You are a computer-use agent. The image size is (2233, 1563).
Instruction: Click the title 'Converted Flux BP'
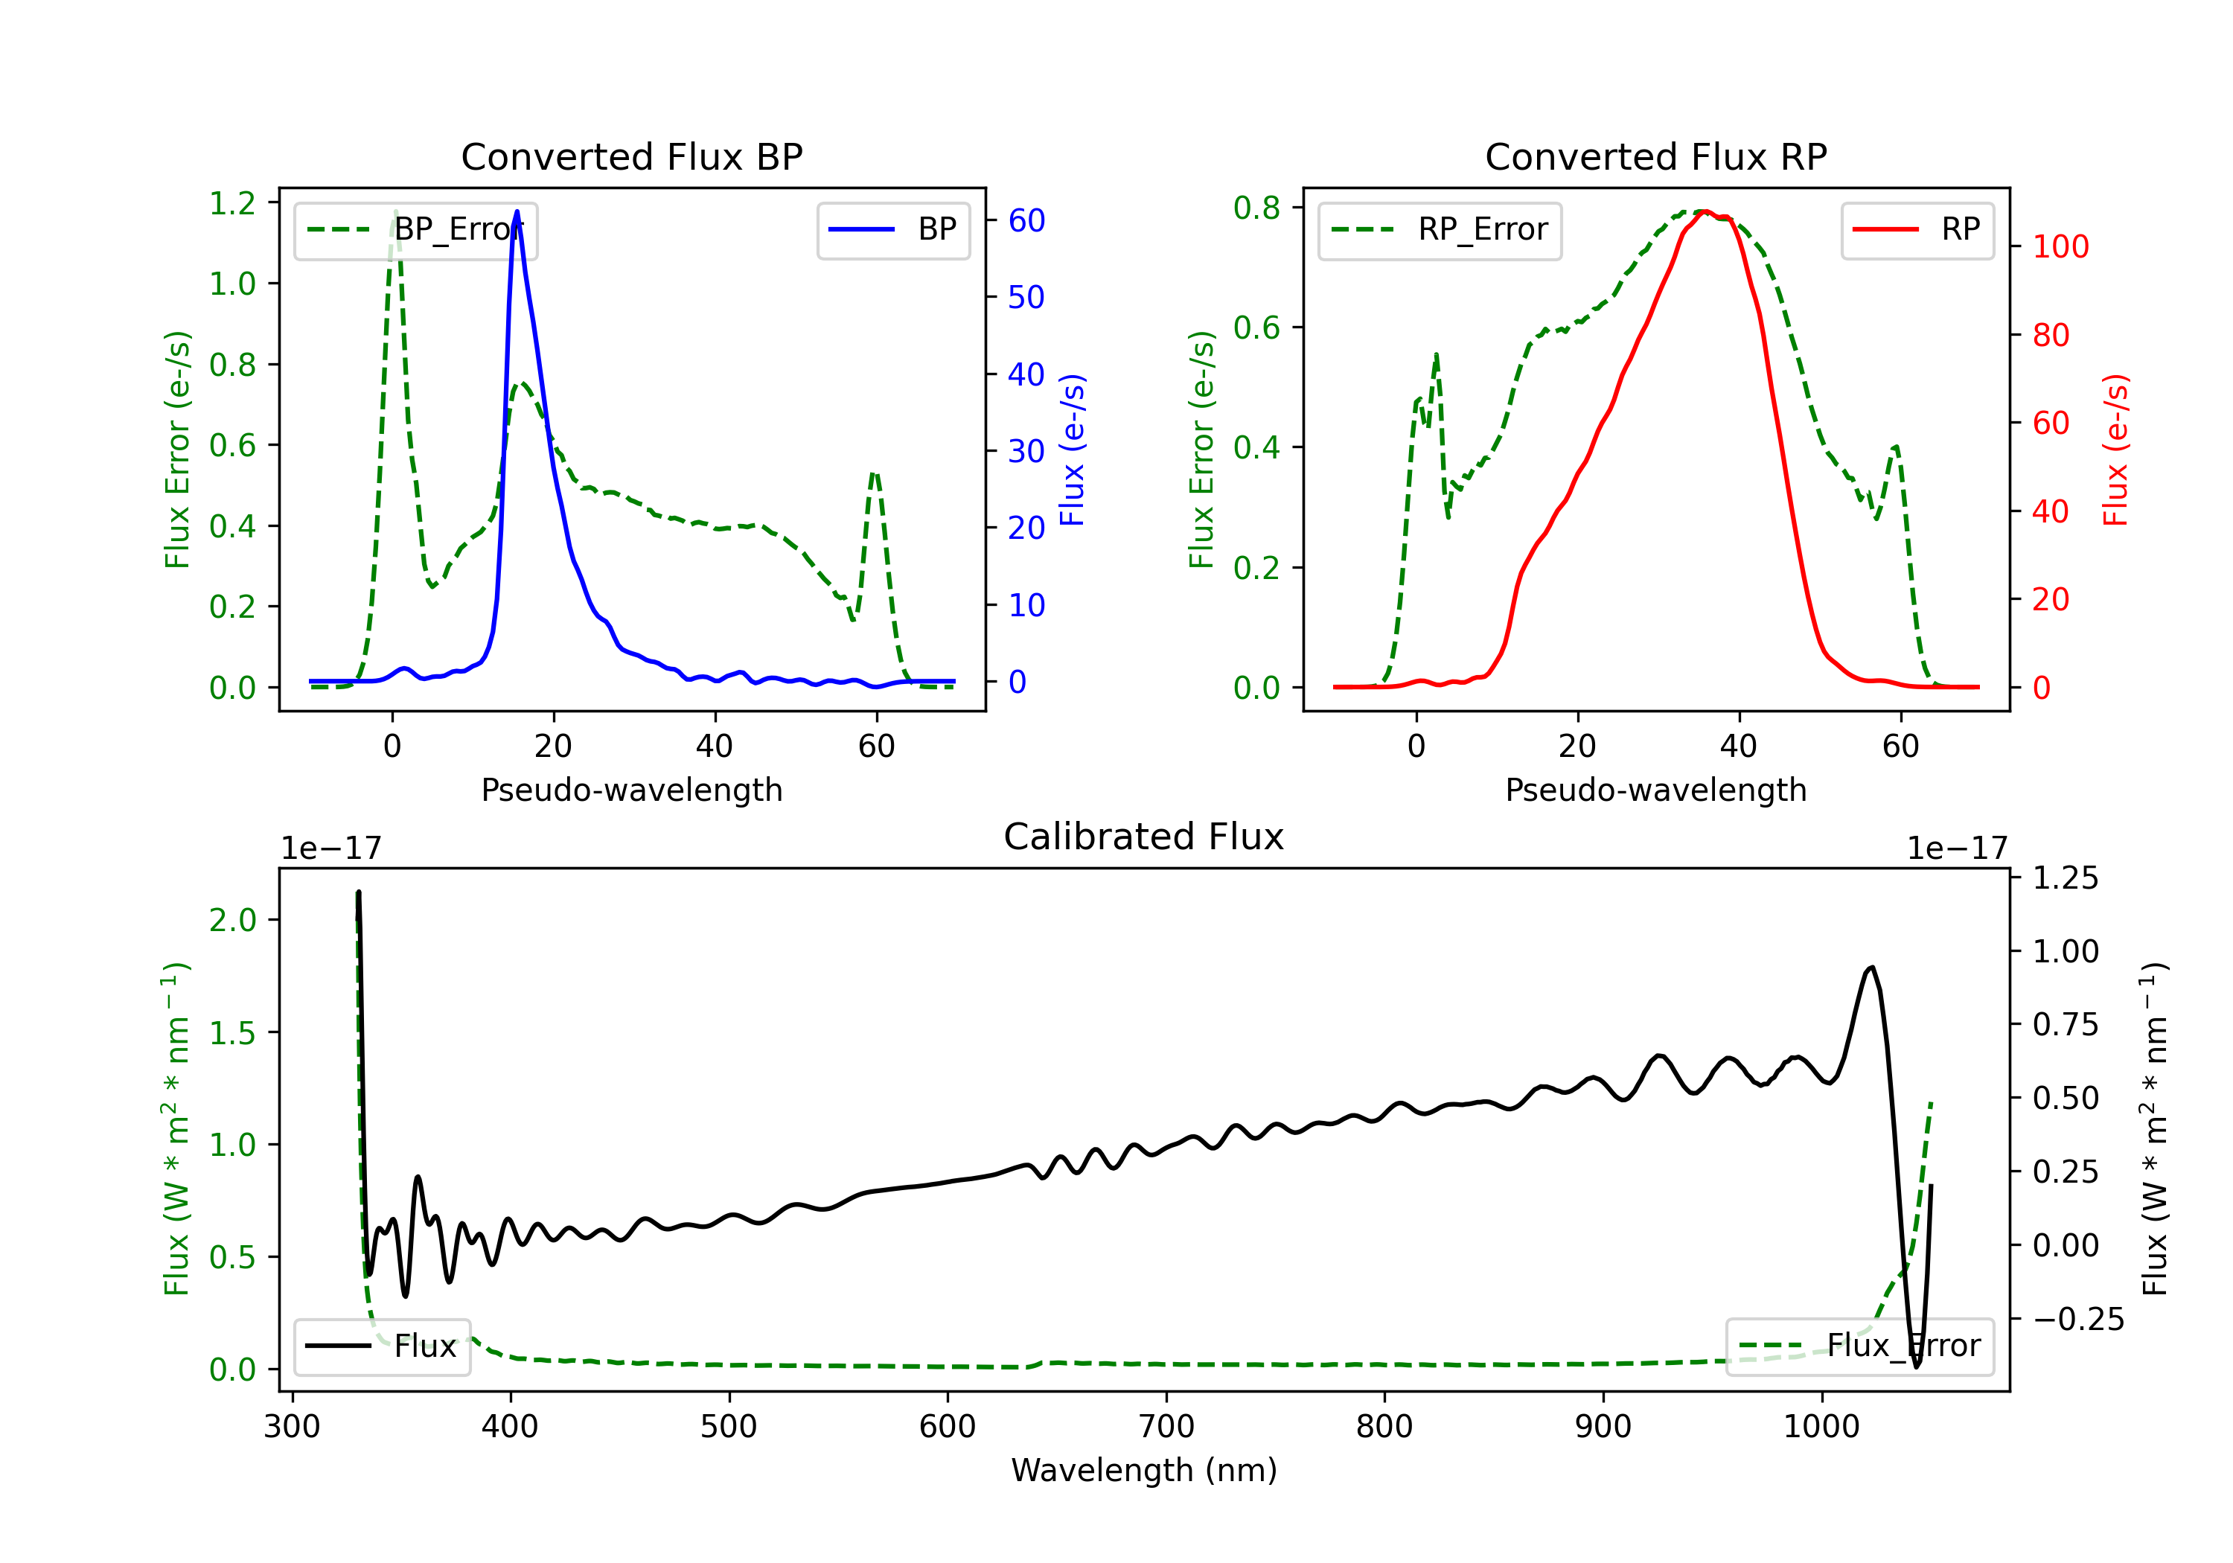(631, 156)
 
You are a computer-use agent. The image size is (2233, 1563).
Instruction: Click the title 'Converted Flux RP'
(1655, 156)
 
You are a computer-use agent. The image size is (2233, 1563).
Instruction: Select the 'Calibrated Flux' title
(1144, 837)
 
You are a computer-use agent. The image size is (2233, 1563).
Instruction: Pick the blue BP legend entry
(892, 229)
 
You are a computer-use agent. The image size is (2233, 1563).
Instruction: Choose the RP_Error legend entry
(1440, 229)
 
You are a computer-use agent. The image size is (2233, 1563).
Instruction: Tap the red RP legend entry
(1917, 229)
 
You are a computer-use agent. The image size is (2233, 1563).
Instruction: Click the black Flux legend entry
(383, 1346)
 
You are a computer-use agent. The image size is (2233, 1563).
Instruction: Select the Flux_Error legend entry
(1859, 1346)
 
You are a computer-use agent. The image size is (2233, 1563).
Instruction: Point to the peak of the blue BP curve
(517, 211)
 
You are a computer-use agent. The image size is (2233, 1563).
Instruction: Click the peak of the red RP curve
(1705, 211)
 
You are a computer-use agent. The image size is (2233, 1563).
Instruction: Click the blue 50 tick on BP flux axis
(1026, 297)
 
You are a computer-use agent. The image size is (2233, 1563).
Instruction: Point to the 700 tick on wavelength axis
(1166, 1427)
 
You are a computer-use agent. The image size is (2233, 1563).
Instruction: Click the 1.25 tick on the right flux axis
(2066, 878)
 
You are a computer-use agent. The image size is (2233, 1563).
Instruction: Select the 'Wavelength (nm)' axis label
(1144, 1470)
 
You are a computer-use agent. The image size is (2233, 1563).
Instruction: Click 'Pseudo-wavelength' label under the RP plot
(1655, 790)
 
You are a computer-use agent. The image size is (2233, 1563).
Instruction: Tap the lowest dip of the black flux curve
(1917, 1367)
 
